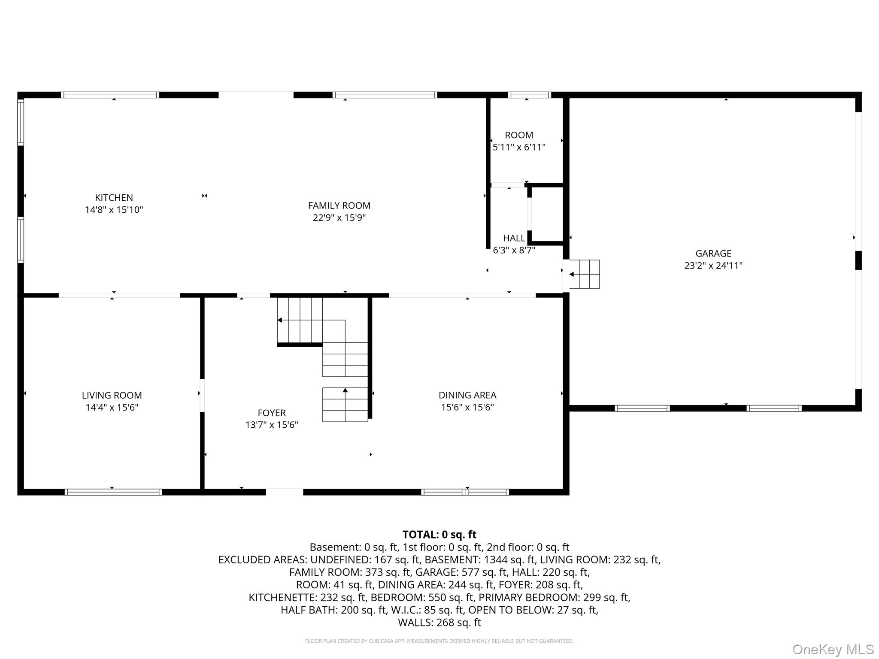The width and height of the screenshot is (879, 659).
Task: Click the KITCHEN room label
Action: [x=114, y=198]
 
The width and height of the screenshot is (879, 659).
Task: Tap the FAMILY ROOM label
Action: [x=339, y=206]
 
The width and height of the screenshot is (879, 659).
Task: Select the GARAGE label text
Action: [x=713, y=254]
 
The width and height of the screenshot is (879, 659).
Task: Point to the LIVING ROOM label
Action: [x=112, y=395]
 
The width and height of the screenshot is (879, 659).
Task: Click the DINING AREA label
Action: [x=467, y=395]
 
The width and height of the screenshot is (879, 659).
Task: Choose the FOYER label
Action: [x=271, y=413]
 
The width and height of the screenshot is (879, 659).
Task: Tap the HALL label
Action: [x=514, y=238]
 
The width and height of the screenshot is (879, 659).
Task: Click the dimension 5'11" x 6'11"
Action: [x=519, y=147]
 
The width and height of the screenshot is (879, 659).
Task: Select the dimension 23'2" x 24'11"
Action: [x=713, y=266]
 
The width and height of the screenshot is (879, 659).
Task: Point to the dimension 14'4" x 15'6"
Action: [x=112, y=407]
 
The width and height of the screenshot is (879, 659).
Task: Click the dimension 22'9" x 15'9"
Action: [x=339, y=218]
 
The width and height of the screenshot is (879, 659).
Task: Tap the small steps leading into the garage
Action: [x=584, y=274]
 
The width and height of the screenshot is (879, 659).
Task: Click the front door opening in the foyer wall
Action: [x=285, y=492]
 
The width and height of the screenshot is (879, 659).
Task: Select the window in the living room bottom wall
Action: [x=113, y=492]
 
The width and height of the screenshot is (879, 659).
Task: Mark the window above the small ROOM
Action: [x=529, y=95]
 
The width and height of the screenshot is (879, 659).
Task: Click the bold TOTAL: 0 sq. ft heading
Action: [x=439, y=535]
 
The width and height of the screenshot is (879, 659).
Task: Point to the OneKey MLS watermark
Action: [x=833, y=650]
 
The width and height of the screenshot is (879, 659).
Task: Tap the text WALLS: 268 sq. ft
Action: [x=439, y=623]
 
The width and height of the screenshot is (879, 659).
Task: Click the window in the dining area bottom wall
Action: [x=465, y=492]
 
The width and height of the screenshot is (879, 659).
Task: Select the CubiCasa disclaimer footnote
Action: [x=439, y=641]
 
